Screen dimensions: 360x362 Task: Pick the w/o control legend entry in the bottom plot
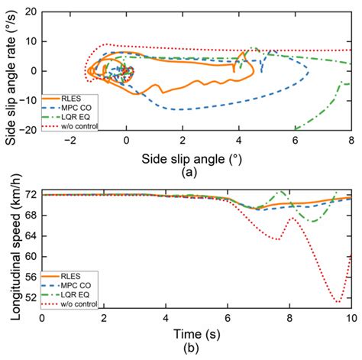pos(82,300)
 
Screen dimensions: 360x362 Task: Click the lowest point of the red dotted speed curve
pos(338,302)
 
